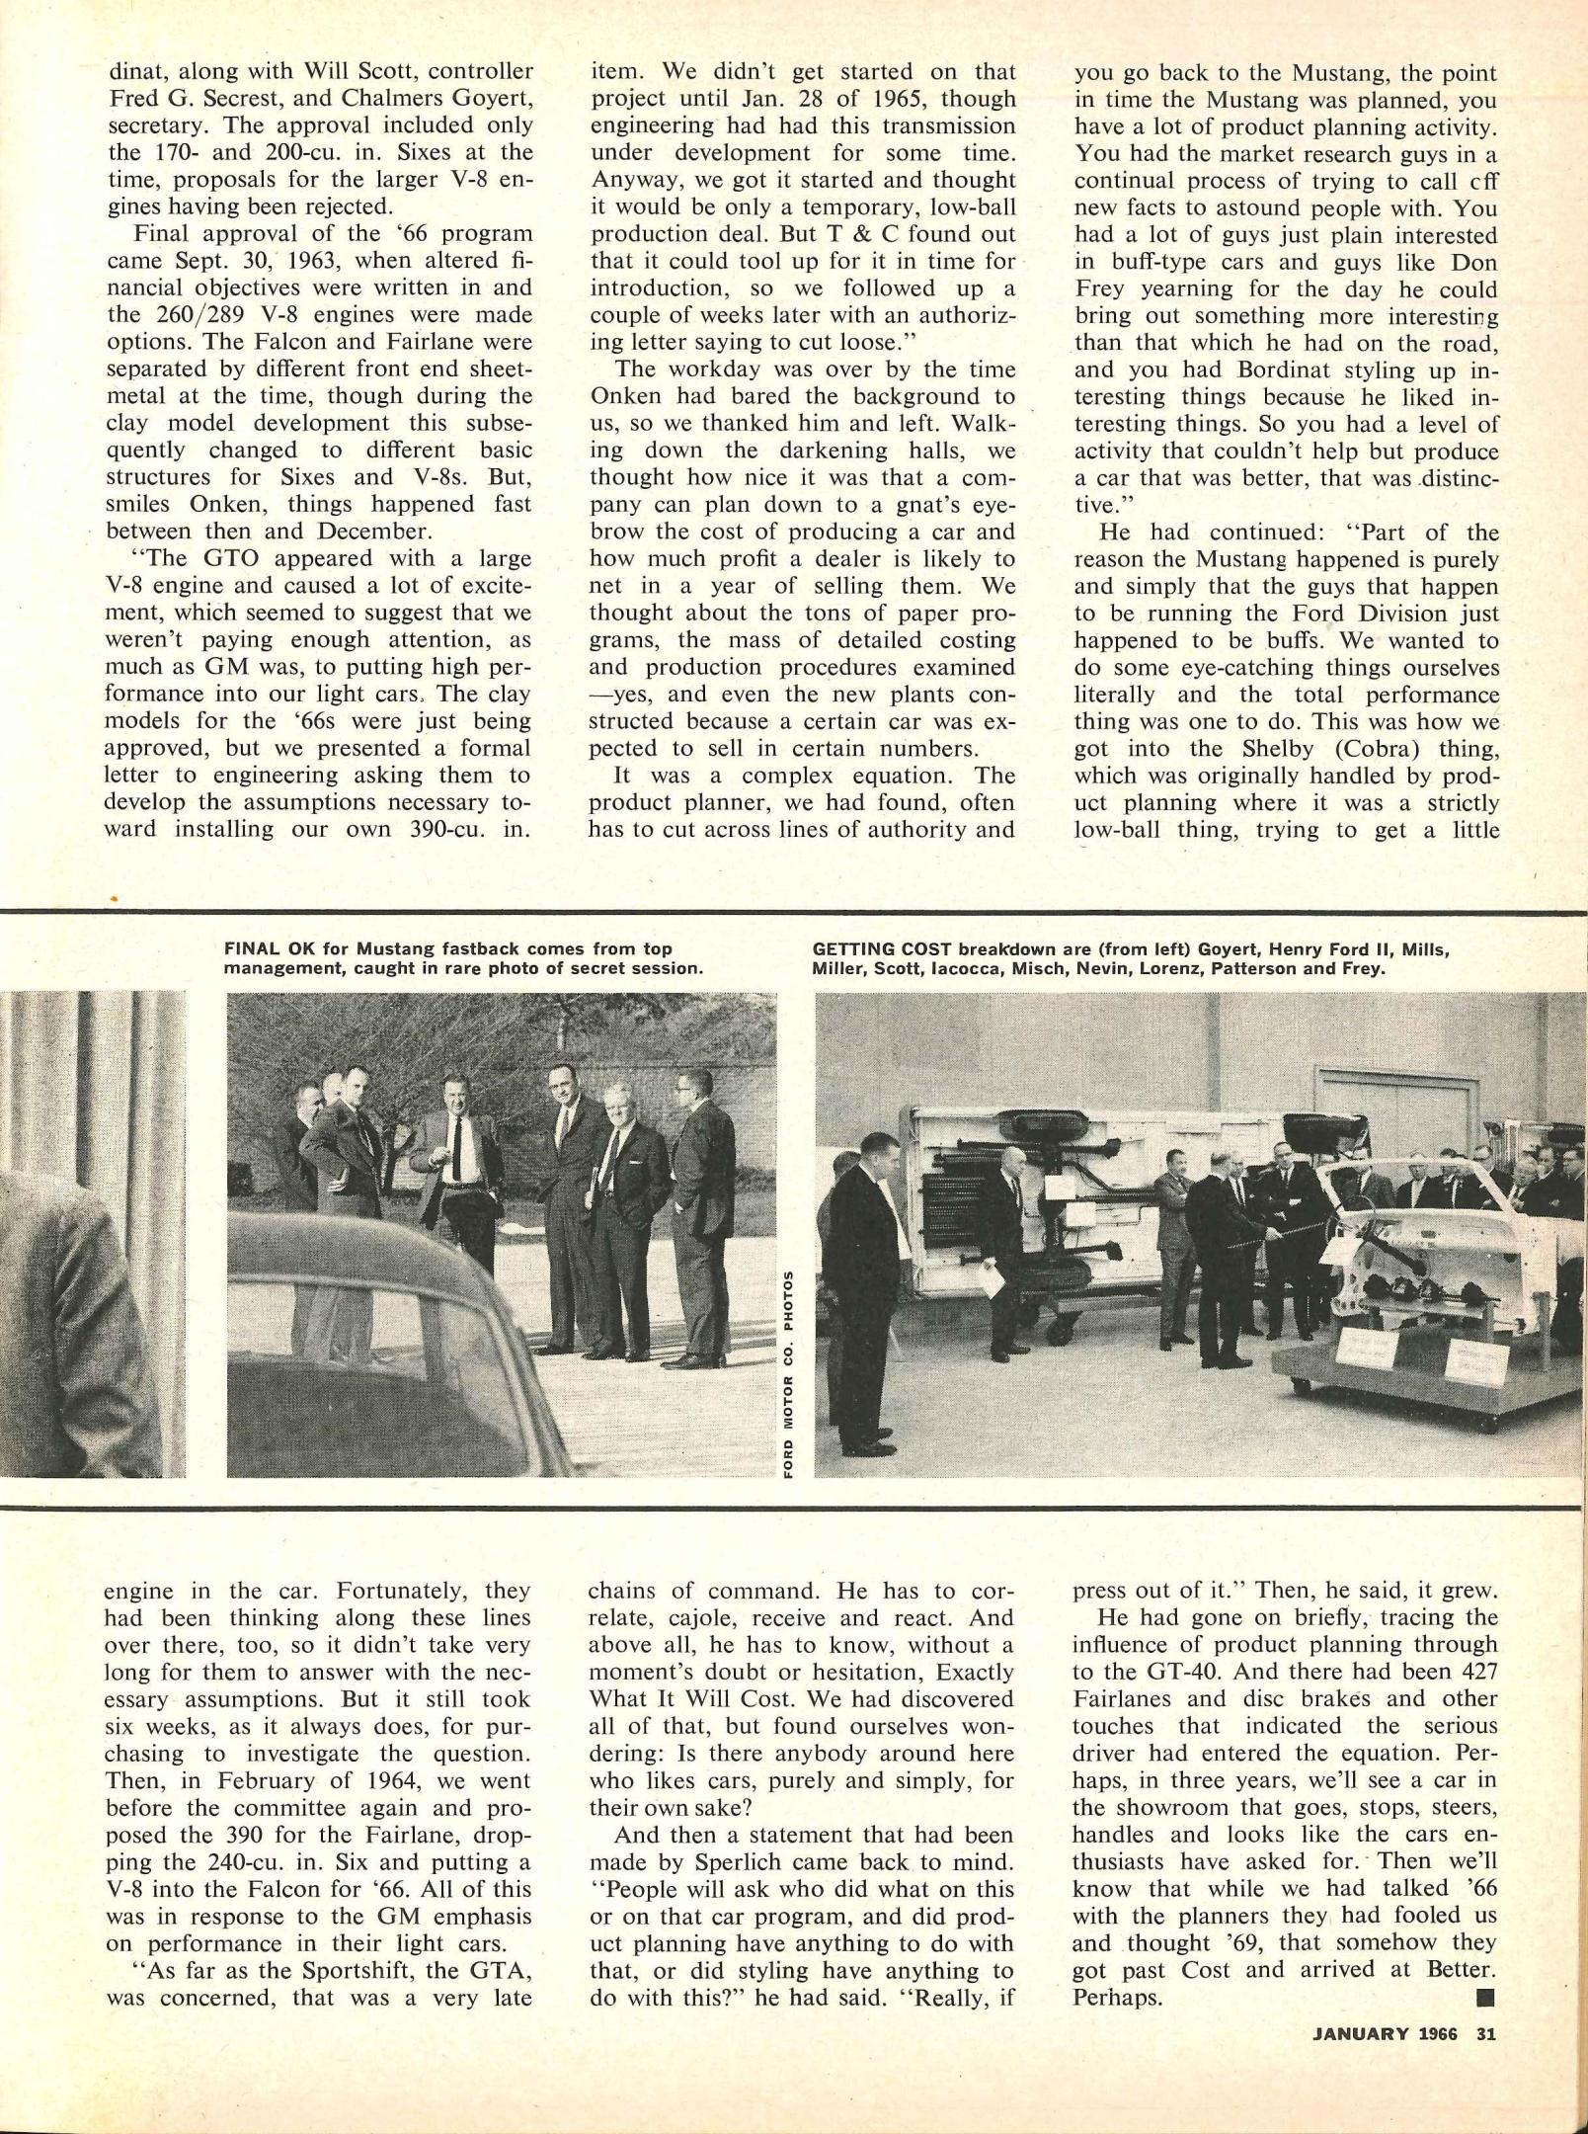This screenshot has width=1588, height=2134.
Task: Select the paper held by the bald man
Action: pos(992,1280)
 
